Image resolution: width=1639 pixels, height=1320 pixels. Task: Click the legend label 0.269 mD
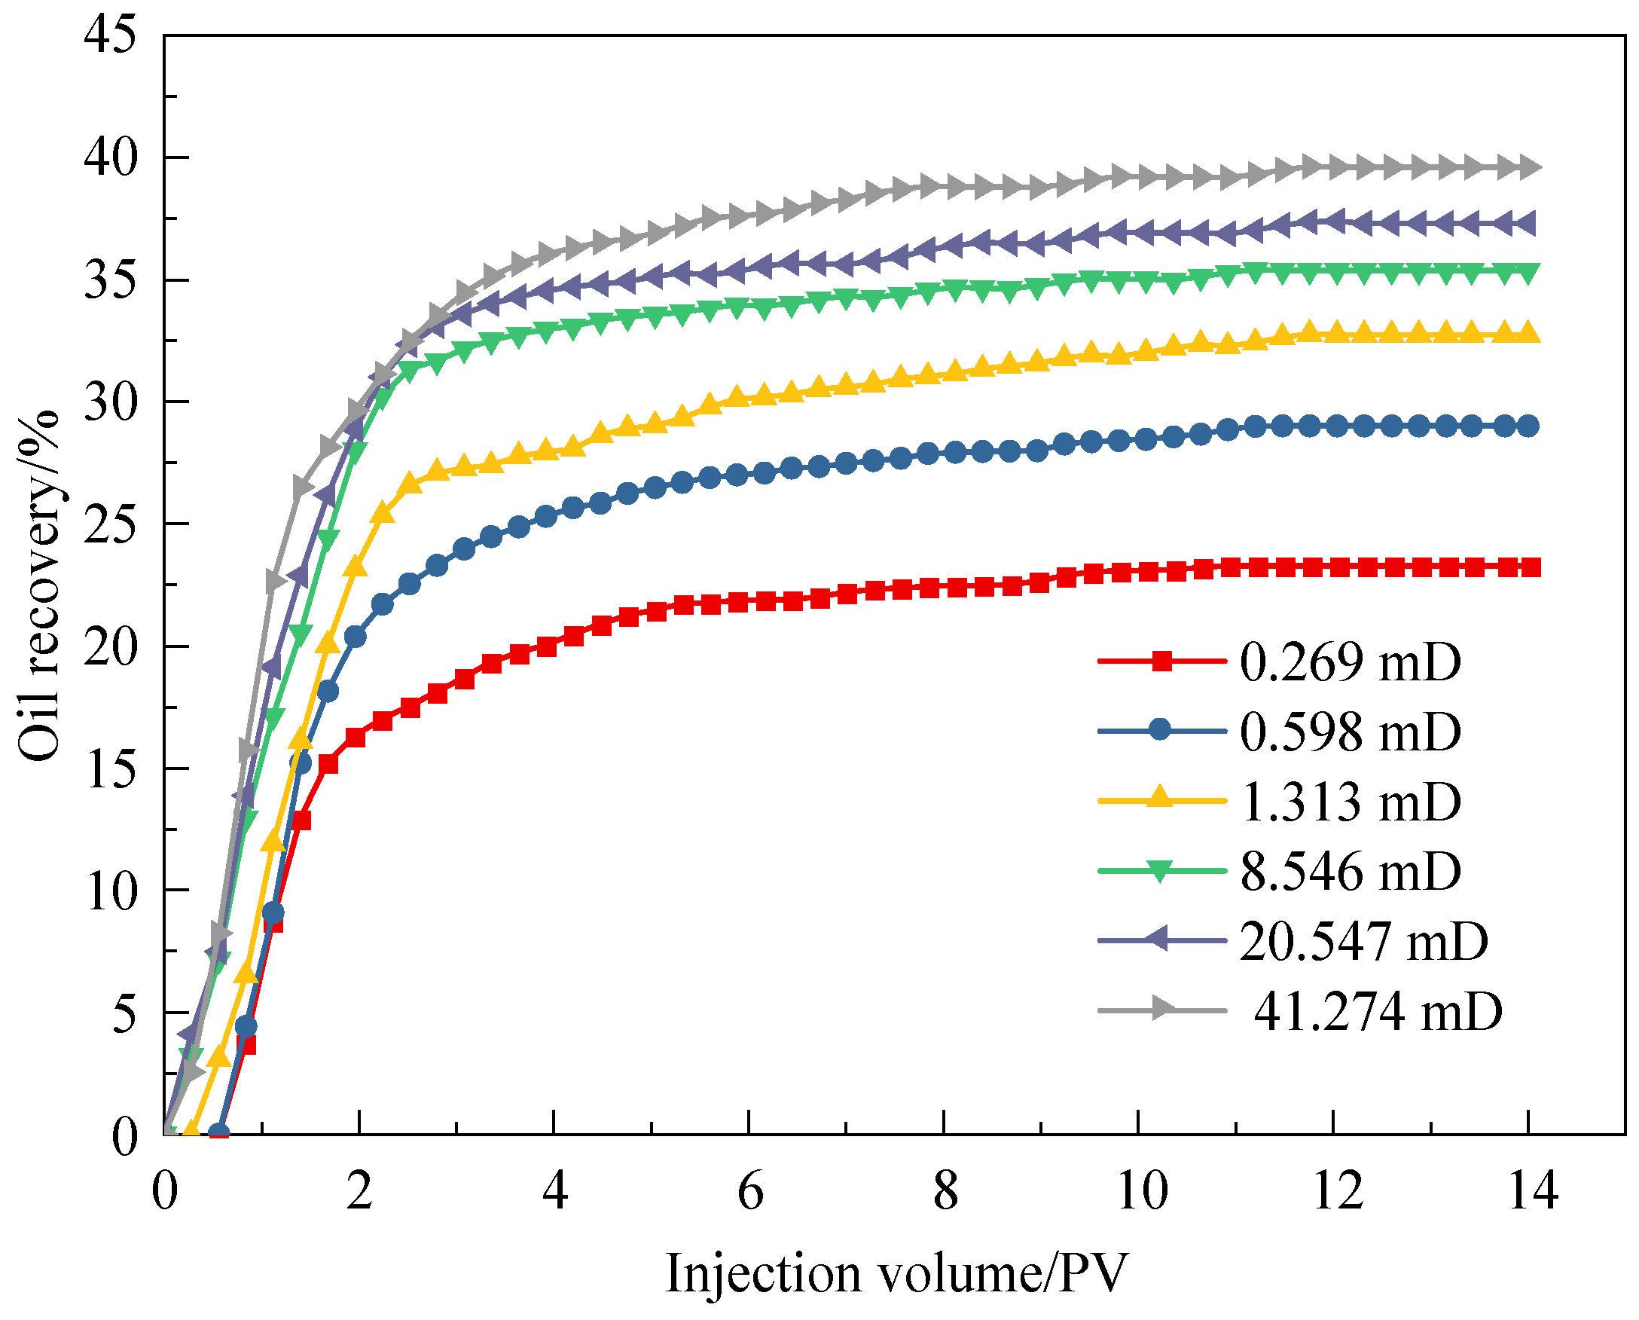[1350, 662]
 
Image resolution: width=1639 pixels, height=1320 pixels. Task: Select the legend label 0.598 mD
[1350, 732]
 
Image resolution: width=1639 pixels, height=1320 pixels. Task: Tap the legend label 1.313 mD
[1350, 802]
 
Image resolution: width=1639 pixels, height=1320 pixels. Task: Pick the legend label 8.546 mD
[1350, 872]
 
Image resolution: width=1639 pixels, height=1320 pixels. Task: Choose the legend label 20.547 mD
[1364, 941]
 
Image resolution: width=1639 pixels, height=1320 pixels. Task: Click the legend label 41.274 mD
[1378, 1011]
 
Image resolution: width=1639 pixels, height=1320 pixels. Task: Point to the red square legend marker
[1161, 662]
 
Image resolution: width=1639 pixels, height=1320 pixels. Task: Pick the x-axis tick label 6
[750, 1191]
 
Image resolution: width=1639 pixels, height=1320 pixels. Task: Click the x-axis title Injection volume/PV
[897, 1273]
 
